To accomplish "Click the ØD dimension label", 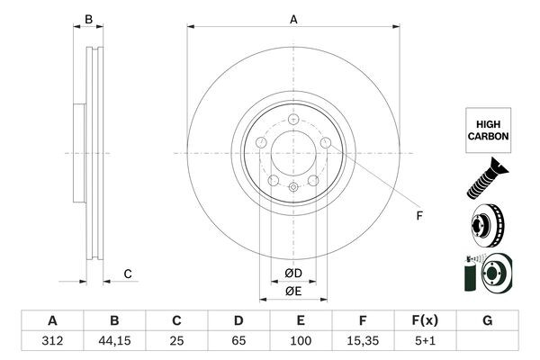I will pos(292,274).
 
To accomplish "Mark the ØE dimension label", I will pos(292,291).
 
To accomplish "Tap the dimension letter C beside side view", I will pos(128,274).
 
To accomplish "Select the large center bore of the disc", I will pos(292,154).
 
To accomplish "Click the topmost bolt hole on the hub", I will pos(293,119).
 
